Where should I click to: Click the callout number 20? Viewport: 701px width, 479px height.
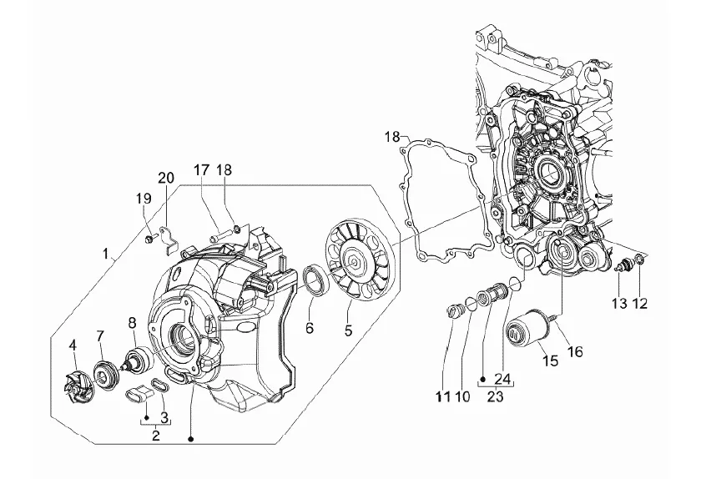point(166,178)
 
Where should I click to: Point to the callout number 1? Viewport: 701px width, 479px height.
point(105,254)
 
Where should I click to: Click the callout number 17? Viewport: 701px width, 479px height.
point(202,170)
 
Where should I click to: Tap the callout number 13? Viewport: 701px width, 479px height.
point(620,304)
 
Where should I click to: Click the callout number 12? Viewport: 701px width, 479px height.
point(640,304)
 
